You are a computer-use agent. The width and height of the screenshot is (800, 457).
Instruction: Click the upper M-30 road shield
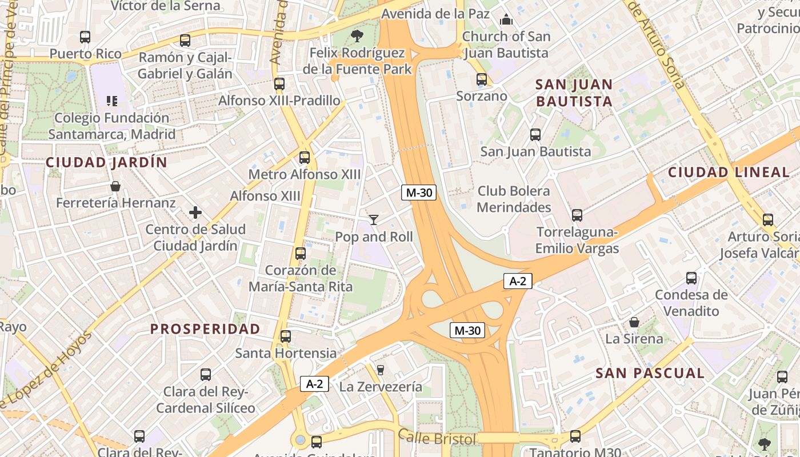pos(418,193)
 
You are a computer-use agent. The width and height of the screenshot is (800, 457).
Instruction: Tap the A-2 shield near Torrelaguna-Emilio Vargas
pos(518,280)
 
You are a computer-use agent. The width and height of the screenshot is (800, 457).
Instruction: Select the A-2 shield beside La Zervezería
pos(315,384)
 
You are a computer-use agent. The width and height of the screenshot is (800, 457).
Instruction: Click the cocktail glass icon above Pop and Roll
pos(374,219)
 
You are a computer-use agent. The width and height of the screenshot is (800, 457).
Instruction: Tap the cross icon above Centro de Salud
pos(195,213)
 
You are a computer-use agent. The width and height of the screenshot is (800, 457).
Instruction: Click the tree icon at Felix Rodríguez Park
pos(357,36)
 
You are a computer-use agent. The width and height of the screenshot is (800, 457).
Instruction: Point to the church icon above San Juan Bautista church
pos(506,19)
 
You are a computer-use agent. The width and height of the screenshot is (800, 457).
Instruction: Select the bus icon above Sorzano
pos(482,79)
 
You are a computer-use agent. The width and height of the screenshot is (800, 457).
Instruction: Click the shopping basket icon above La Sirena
pos(634,322)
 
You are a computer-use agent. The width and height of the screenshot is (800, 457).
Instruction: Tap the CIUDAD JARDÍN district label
pos(107,162)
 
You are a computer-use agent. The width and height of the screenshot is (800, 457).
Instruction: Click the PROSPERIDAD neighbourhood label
pos(205,329)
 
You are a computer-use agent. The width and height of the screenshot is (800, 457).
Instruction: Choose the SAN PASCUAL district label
pos(650,374)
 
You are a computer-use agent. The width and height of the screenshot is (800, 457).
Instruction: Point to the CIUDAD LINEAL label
pos(729,172)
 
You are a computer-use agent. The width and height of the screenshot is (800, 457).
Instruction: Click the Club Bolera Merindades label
pos(514,199)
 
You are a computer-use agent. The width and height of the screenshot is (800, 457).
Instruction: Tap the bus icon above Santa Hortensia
pos(286,336)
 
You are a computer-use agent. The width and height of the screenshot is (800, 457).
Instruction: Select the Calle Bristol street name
pos(437,438)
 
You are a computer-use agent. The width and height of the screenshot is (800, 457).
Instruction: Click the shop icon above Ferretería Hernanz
pos(115,186)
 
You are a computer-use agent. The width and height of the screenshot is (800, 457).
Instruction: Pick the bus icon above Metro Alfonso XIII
pos(305,157)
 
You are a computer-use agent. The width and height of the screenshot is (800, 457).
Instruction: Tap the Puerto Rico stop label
pos(86,54)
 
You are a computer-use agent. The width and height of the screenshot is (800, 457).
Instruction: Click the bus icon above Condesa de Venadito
pos(691,278)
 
